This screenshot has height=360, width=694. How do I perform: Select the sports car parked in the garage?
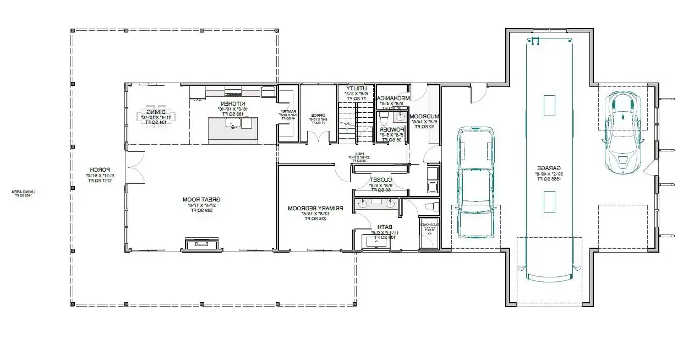pyautogui.click(x=623, y=130)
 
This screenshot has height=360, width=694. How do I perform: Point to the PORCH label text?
pyautogui.click(x=101, y=170)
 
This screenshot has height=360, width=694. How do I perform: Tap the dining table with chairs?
pyautogui.click(x=156, y=117)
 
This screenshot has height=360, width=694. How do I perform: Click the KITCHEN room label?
pyautogui.click(x=233, y=103)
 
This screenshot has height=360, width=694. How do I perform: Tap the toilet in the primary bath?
pyautogui.click(x=432, y=206)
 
